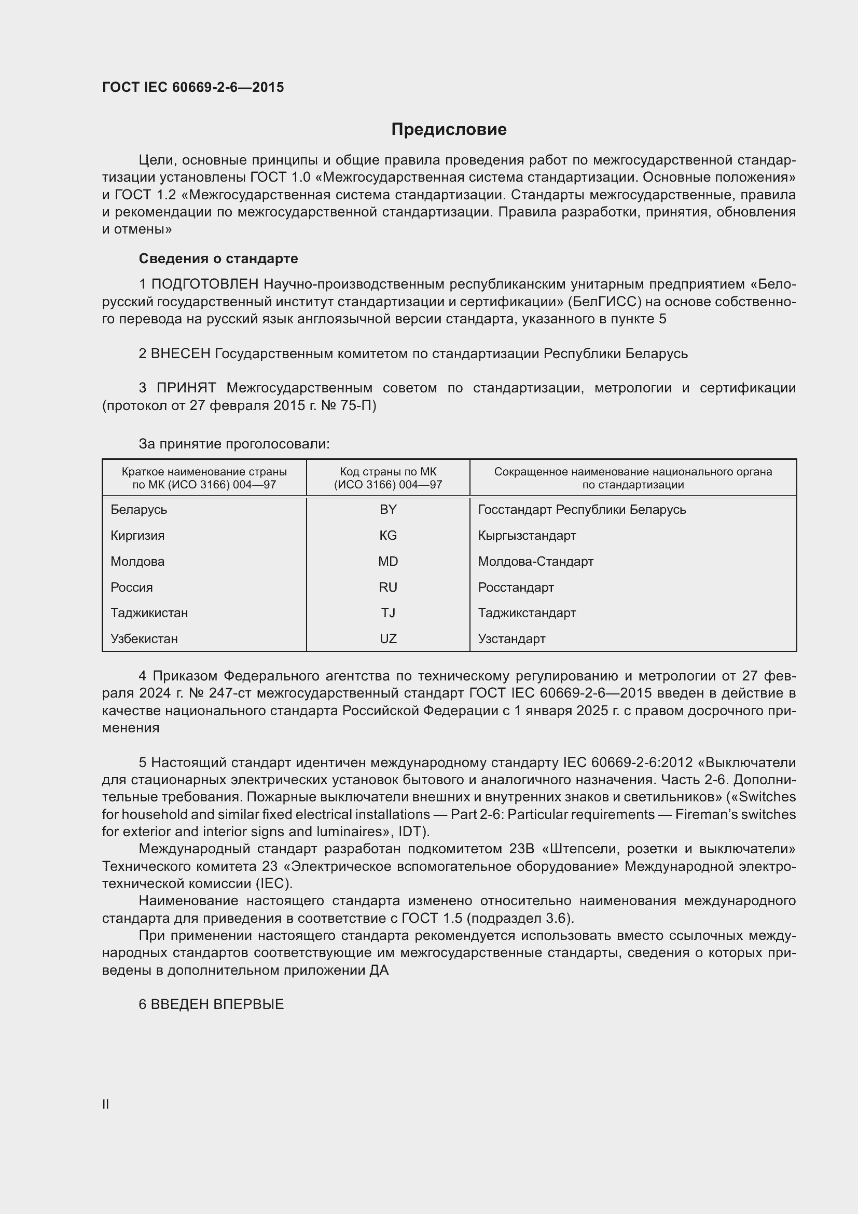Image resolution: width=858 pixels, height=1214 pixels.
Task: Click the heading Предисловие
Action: (x=449, y=130)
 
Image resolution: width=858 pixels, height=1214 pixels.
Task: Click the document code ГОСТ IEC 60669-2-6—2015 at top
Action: (x=193, y=87)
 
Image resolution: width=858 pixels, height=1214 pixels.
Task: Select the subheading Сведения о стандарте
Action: (x=218, y=258)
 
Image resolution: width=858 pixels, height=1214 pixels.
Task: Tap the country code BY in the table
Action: (x=388, y=510)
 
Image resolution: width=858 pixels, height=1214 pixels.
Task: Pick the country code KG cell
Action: (x=388, y=536)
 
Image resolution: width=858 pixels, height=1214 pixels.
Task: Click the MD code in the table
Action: (x=388, y=562)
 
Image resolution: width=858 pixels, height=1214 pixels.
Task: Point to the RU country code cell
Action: (x=388, y=588)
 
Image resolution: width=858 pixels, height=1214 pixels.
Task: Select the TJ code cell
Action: (x=388, y=613)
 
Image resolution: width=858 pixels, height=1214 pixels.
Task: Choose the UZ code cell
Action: (x=388, y=639)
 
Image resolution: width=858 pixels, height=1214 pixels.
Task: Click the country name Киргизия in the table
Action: (x=137, y=536)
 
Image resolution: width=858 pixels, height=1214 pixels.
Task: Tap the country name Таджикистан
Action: (x=149, y=613)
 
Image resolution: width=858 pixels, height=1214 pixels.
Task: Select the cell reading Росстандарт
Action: (x=516, y=588)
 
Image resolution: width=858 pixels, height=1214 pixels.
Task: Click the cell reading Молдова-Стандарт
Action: (x=536, y=562)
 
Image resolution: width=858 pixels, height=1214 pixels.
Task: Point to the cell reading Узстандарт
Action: (x=511, y=639)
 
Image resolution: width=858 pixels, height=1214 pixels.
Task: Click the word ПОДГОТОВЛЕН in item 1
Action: (x=205, y=284)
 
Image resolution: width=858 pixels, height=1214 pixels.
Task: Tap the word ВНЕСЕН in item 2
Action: (x=181, y=353)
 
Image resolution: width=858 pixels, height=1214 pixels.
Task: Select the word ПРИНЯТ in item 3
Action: (x=186, y=388)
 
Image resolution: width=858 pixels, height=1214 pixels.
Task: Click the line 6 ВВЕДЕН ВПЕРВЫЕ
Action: (x=211, y=1005)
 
